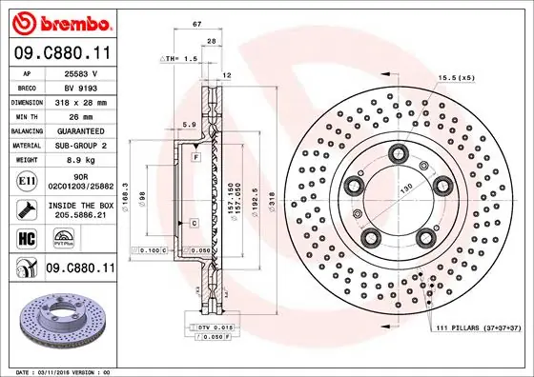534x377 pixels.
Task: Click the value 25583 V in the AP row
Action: (81, 72)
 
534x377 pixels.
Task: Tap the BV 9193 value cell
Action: (81, 87)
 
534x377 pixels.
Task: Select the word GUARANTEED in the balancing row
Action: (81, 130)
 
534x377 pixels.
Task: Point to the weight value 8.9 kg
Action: (81, 161)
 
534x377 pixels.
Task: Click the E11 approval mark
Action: (26, 180)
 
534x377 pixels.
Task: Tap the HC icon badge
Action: (26, 238)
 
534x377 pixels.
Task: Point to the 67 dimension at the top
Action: (195, 22)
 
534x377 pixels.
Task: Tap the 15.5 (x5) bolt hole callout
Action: (456, 77)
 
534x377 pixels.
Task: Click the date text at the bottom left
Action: (59, 370)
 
